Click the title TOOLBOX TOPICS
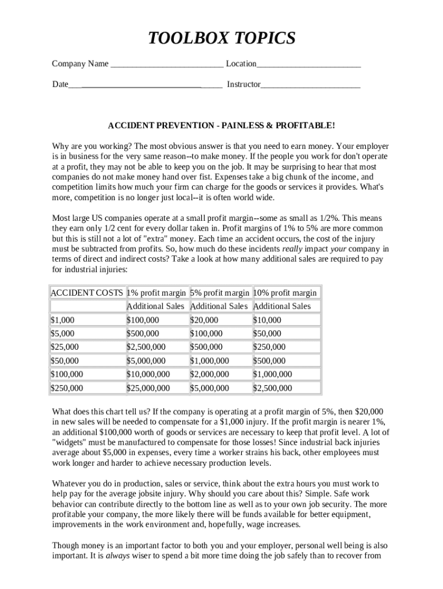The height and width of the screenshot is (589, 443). click(221, 39)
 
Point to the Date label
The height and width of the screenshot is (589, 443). click(60, 85)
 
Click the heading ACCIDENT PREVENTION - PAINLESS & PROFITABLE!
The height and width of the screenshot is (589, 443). click(221, 125)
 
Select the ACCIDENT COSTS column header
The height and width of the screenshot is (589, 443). click(87, 293)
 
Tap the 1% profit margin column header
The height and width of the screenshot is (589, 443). click(156, 293)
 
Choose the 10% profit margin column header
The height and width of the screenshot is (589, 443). click(285, 293)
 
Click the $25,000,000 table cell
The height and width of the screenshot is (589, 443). click(148, 388)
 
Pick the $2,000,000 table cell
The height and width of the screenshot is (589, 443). click(209, 374)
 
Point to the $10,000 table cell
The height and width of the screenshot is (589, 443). click(268, 320)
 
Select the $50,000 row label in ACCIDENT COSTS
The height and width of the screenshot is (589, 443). click(65, 361)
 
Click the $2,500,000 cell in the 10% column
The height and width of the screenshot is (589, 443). click(273, 388)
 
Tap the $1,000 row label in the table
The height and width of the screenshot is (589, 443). click(63, 320)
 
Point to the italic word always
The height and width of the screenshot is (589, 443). click(117, 556)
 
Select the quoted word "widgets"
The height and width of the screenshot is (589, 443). click(71, 442)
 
